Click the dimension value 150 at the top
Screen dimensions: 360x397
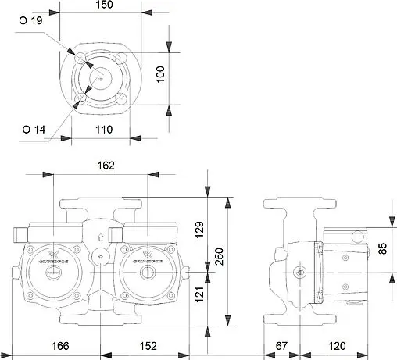point(104,6)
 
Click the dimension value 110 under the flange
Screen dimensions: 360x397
point(104,130)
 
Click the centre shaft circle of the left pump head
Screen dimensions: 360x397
point(53,273)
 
